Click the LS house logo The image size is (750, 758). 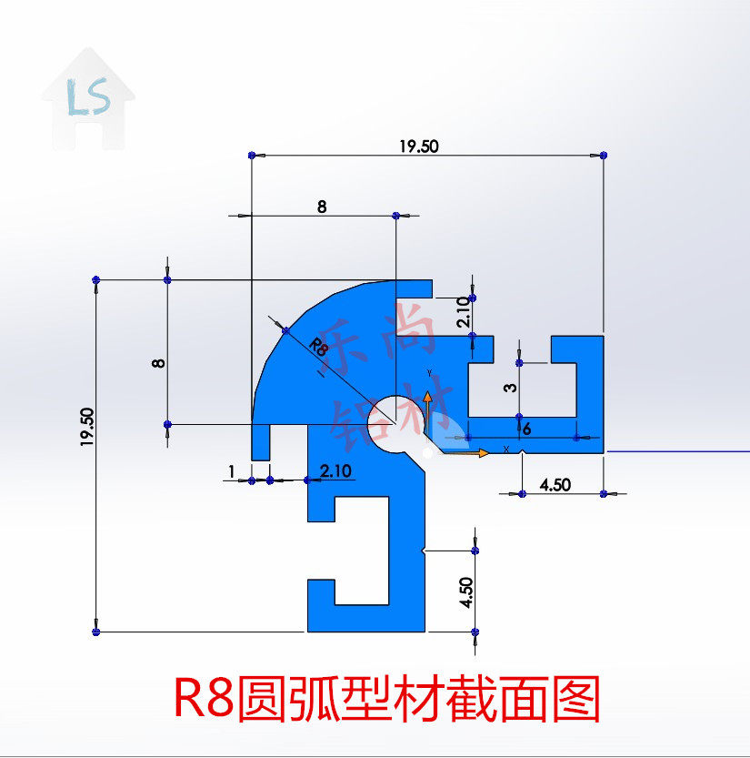pos(88,98)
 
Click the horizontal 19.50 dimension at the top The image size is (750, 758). pos(419,145)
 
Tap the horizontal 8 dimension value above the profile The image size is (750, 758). pos(322,206)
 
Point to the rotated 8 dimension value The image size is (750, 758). pos(158,362)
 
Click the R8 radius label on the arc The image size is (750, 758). pos(317,347)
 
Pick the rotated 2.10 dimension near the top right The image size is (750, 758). pos(462,312)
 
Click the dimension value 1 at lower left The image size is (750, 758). pos(232,470)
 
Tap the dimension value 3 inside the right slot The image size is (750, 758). pos(511,388)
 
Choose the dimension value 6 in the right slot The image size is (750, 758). pos(526,429)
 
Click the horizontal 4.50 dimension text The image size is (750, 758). pos(555,485)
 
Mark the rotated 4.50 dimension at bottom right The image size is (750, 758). pos(465,592)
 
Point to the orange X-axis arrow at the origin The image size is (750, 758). pos(474,451)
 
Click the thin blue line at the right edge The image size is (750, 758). pos(677,450)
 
